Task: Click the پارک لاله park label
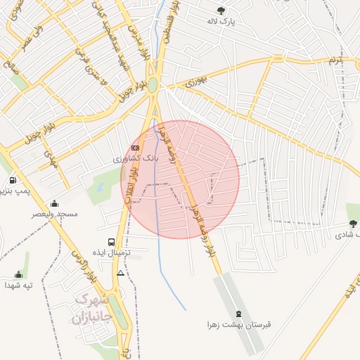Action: (x=221, y=22)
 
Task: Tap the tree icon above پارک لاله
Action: (x=221, y=11)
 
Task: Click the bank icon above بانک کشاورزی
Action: (x=136, y=148)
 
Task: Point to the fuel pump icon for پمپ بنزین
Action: (x=12, y=181)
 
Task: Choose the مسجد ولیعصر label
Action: (x=54, y=213)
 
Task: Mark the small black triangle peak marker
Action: (x=121, y=273)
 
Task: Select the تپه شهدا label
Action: (x=19, y=285)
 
